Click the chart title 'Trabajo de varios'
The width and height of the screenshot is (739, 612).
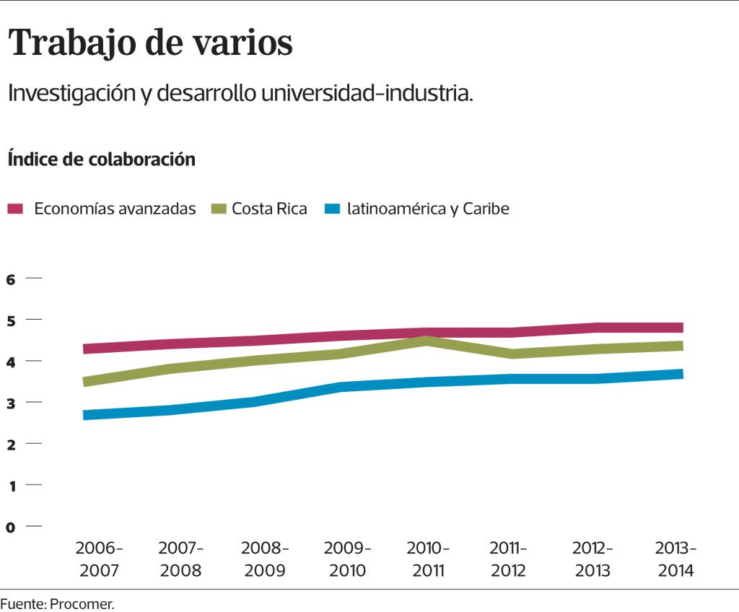pyautogui.click(x=150, y=44)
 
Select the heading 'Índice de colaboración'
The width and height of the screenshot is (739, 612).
pyautogui.click(x=102, y=159)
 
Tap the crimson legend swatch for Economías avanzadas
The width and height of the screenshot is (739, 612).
pyautogui.click(x=16, y=209)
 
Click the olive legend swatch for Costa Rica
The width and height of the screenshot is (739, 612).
pyautogui.click(x=218, y=209)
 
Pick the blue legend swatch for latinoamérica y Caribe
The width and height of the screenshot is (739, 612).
pyautogui.click(x=332, y=209)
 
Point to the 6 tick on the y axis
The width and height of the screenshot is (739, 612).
pyautogui.click(x=11, y=279)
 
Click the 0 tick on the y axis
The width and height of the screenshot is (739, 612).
pyautogui.click(x=11, y=527)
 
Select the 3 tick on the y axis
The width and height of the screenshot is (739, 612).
pyautogui.click(x=11, y=403)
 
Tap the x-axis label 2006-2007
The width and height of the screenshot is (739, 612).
pyautogui.click(x=100, y=559)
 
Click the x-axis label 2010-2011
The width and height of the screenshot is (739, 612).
pyautogui.click(x=428, y=559)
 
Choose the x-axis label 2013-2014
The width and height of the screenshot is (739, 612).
pyautogui.click(x=675, y=559)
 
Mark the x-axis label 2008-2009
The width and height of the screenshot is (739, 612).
pyautogui.click(x=264, y=559)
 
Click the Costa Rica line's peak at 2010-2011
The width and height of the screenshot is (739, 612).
pyautogui.click(x=428, y=340)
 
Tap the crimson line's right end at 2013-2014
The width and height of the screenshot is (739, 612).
pyautogui.click(x=679, y=328)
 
